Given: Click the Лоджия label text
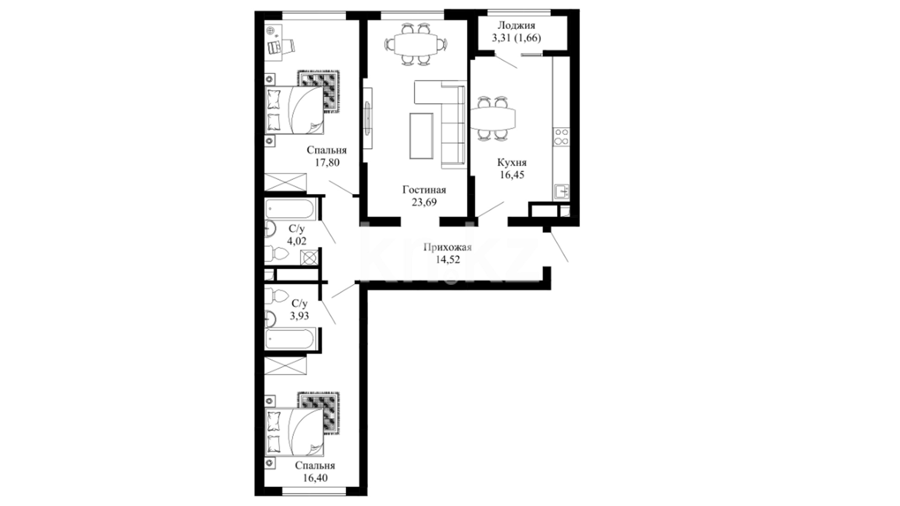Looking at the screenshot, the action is (x=516, y=25).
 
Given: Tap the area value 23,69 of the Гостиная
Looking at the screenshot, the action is (x=424, y=202).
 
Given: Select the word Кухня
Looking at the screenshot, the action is (x=512, y=162).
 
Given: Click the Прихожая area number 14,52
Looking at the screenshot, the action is (x=448, y=260).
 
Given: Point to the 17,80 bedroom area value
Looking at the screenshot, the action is (x=327, y=163).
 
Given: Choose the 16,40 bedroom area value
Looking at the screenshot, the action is (x=315, y=478).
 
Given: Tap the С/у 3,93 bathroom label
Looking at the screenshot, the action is (x=300, y=310).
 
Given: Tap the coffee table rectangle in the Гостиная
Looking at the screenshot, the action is (x=421, y=136).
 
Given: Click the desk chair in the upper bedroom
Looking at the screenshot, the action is (x=281, y=46).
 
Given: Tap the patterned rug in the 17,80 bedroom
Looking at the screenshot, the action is (x=319, y=92).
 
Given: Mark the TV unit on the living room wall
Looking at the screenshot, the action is (x=368, y=119).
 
